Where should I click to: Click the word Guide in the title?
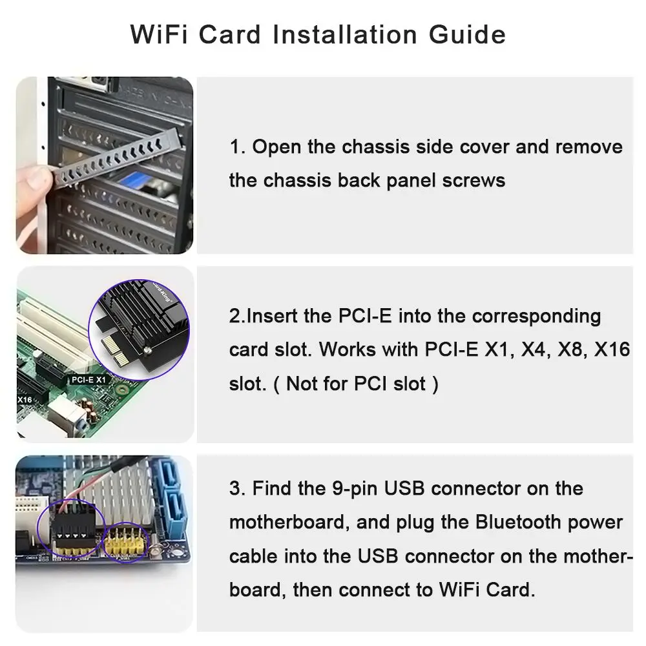pyautogui.click(x=467, y=35)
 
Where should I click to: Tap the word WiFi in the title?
pyautogui.click(x=159, y=34)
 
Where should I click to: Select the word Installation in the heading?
pyautogui.click(x=345, y=34)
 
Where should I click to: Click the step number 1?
pyautogui.click(x=237, y=147)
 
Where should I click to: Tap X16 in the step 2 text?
pyautogui.click(x=612, y=349)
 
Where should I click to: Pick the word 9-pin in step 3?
pyautogui.click(x=355, y=489)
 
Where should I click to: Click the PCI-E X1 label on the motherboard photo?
pyautogui.click(x=89, y=380)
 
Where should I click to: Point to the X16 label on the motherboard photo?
pyautogui.click(x=25, y=400)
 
